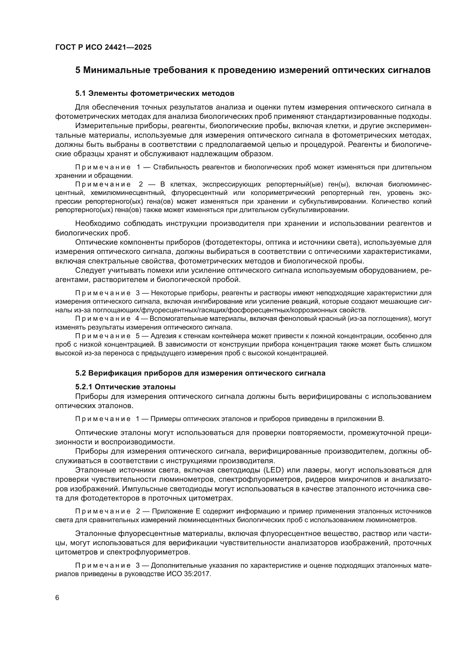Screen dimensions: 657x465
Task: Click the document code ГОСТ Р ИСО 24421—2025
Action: click(x=103, y=47)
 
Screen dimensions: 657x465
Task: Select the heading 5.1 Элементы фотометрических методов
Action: click(x=155, y=93)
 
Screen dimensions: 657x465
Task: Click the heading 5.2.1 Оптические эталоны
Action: click(x=125, y=387)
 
